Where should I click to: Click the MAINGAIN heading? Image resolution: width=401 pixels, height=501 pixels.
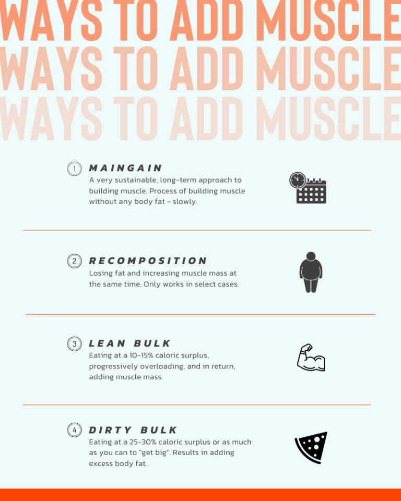click(x=125, y=168)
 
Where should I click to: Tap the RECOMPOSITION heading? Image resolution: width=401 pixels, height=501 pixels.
click(x=148, y=261)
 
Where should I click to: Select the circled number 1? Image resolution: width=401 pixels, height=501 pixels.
click(x=75, y=169)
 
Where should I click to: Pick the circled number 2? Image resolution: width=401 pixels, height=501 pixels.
click(x=75, y=261)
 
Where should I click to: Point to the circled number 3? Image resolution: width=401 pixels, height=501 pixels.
click(x=75, y=344)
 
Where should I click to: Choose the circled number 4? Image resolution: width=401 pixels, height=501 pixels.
click(x=75, y=430)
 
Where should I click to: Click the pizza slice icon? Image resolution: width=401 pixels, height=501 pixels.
click(x=311, y=448)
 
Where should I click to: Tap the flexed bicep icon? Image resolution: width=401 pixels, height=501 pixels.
click(x=311, y=357)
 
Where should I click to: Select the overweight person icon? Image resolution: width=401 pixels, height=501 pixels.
click(x=311, y=272)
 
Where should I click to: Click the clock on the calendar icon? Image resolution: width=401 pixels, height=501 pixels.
click(x=298, y=180)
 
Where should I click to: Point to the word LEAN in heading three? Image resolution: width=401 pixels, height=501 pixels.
click(x=107, y=343)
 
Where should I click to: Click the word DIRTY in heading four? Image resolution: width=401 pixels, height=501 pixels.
click(x=110, y=430)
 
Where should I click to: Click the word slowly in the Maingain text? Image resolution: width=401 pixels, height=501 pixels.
click(x=185, y=201)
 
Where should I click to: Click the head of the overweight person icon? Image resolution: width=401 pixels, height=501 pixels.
click(x=311, y=256)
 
